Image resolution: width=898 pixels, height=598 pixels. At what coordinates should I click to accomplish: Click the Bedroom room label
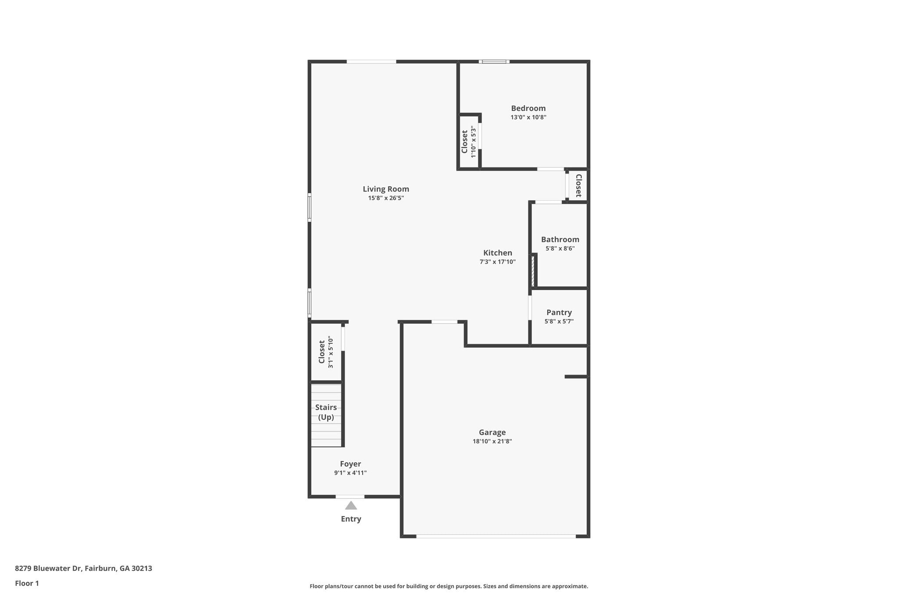528,108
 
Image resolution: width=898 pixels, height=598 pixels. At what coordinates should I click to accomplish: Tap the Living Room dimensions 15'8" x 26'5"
385,198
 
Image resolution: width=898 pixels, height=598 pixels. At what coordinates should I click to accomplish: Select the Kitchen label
497,253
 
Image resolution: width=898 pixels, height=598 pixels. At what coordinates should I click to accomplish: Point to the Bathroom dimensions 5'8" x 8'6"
559,248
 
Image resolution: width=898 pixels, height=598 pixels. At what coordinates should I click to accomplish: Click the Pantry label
559,312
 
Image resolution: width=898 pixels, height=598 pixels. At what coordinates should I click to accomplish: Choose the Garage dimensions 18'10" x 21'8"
492,441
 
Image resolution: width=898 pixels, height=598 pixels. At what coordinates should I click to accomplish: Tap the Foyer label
350,464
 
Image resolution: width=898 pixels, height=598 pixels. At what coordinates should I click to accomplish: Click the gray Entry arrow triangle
351,506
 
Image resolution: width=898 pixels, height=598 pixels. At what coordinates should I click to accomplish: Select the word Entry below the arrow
351,519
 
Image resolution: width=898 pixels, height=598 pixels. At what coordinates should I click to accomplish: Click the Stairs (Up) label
326,412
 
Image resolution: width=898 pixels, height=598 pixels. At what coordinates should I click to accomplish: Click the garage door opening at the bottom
495,536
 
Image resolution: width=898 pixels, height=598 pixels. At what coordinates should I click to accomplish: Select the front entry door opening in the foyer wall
350,496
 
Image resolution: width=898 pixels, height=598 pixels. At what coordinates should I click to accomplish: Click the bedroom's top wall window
494,62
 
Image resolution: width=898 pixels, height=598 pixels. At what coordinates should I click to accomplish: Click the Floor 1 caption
27,583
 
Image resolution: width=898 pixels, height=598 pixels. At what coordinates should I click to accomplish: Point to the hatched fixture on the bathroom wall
533,271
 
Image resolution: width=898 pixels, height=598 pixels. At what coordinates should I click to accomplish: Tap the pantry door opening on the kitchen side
530,308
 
